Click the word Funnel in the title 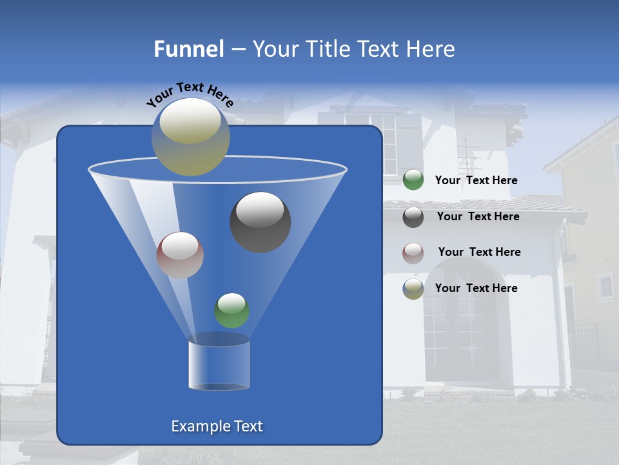click(188, 49)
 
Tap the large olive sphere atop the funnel click(190, 136)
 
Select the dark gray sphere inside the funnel click(260, 222)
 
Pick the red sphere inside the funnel click(180, 254)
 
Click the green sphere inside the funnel click(231, 310)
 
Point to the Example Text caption click(217, 426)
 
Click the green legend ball click(413, 180)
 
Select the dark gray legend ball click(413, 216)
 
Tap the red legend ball click(413, 253)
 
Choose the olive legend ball click(413, 289)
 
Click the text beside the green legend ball click(476, 181)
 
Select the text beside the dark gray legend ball click(478, 217)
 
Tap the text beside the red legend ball click(479, 253)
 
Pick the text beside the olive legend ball click(476, 288)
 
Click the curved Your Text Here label click(190, 94)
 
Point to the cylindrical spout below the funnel click(219, 365)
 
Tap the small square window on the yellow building click(605, 286)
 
